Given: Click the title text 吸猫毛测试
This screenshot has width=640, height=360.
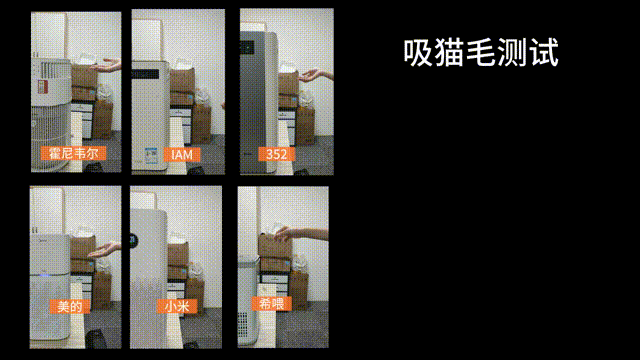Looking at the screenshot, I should point(480,53).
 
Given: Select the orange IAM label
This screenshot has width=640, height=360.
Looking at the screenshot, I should point(181,154).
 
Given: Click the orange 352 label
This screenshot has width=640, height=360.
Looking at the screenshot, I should point(275,154).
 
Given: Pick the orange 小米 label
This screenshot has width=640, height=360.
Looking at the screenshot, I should point(176,306).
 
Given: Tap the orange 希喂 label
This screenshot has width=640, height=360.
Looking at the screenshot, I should point(265,303).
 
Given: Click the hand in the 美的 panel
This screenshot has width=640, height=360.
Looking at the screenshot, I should point(100,254).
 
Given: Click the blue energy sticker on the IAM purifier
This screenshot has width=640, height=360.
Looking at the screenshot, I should point(148,154).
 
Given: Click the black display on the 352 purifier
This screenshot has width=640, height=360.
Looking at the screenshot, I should point(246,45).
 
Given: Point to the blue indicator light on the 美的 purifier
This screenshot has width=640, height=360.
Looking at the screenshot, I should point(37,240).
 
